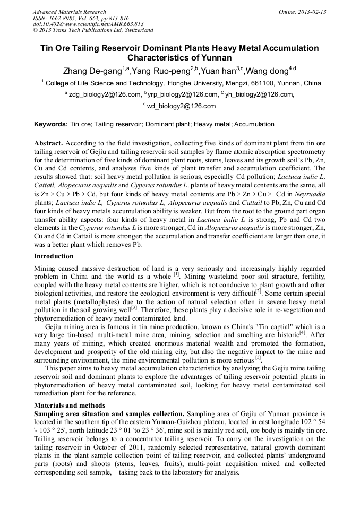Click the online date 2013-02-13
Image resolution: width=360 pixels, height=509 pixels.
pos(312,12)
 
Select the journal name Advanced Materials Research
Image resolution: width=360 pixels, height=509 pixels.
pos(69,12)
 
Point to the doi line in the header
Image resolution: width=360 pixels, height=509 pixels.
pos(88,24)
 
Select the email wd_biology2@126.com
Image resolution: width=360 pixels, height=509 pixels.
pos(181,106)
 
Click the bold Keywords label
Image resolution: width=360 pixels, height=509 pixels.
pos(50,124)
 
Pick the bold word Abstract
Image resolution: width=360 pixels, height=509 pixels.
pos(48,144)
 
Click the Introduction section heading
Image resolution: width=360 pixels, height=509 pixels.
pos(54,256)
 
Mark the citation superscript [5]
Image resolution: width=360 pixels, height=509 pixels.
pos(258,358)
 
